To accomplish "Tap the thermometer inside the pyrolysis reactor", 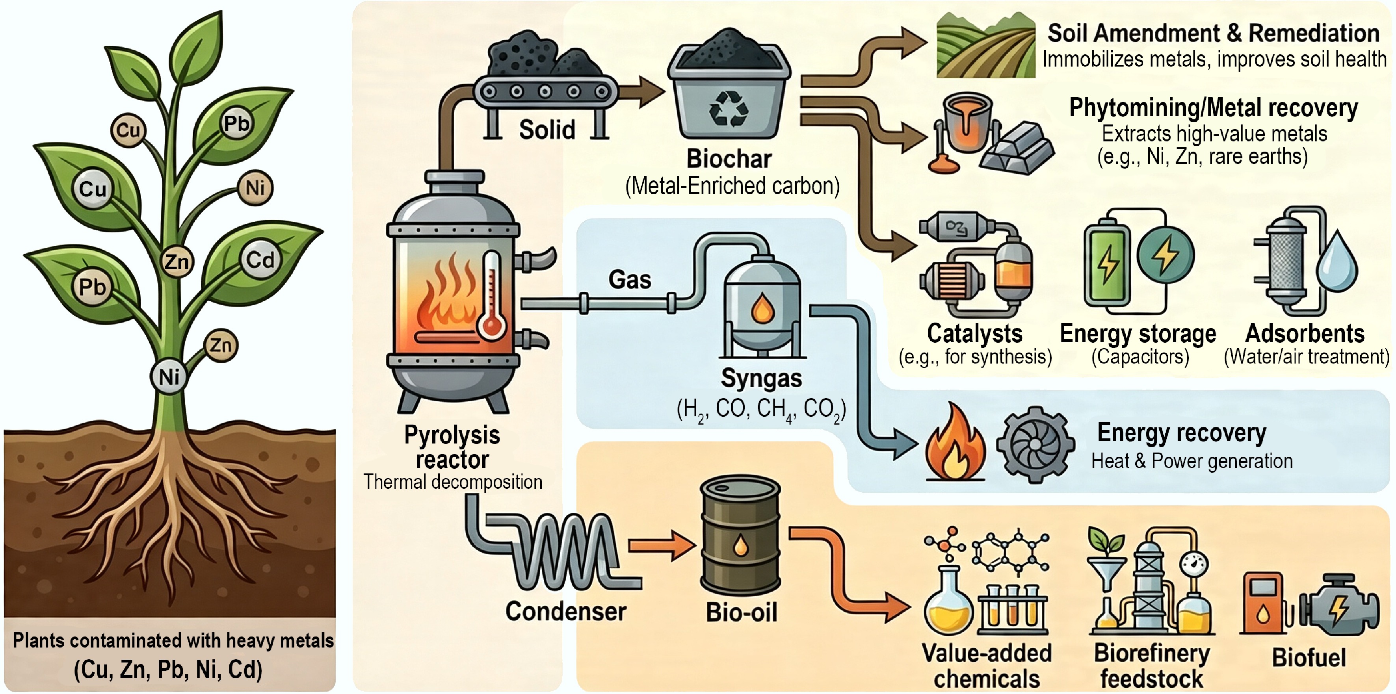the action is (x=491, y=295).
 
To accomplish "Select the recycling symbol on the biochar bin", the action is (x=729, y=108).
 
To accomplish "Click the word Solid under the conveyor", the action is (x=547, y=130).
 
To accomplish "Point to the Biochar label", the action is (x=729, y=159).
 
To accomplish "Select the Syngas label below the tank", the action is (x=761, y=378).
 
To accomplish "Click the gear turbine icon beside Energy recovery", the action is (x=1035, y=444).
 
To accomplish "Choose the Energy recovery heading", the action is (x=1181, y=432).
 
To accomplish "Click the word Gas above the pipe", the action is (x=630, y=280).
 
